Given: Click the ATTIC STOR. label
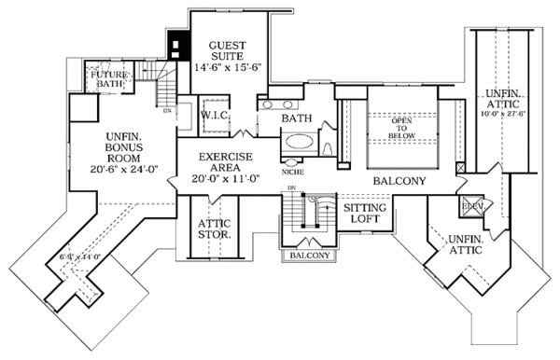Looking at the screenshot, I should point(215,229).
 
